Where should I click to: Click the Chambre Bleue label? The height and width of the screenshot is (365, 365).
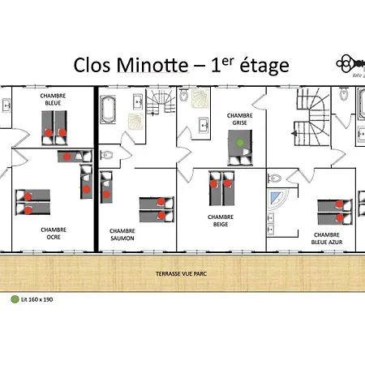click(x=54, y=100)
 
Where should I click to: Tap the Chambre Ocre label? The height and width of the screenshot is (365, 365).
click(x=53, y=233)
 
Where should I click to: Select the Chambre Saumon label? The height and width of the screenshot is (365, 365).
click(x=122, y=235)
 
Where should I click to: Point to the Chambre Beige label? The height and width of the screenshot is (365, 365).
click(x=220, y=221)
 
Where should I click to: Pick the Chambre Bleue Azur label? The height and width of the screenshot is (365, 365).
click(x=326, y=238)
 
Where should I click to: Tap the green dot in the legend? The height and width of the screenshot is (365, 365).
click(x=14, y=298)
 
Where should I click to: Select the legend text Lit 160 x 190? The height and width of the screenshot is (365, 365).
click(x=36, y=298)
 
